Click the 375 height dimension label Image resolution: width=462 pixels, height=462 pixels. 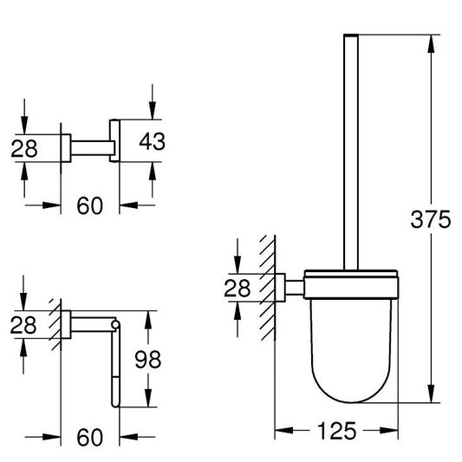click(431, 219)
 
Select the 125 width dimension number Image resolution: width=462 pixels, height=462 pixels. click(337, 431)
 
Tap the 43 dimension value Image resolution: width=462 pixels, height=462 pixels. click(152, 141)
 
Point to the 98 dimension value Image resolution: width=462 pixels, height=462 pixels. click(148, 359)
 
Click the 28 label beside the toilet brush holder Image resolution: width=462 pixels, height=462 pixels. click(238, 288)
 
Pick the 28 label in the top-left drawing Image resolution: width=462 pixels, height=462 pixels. click(24, 148)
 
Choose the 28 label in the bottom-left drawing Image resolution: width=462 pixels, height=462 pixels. click(23, 325)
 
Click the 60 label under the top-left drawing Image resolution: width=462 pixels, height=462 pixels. click(90, 205)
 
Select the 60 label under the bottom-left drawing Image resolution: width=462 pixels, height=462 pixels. click(90, 437)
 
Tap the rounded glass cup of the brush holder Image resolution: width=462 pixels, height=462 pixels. click(351, 351)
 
